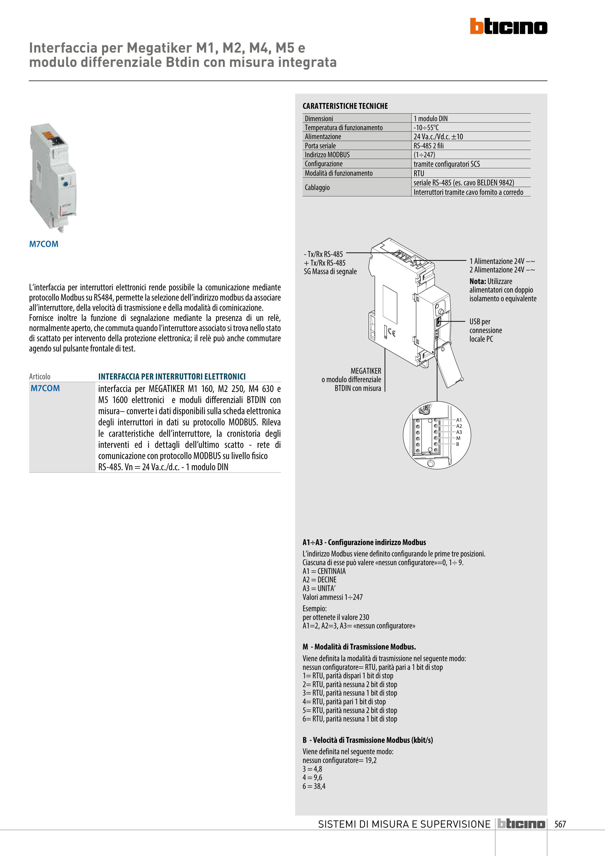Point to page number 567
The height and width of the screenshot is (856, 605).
pyautogui.click(x=560, y=824)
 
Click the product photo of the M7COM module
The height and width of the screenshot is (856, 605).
pyautogui.click(x=53, y=178)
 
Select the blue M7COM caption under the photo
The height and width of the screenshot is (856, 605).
pyautogui.click(x=44, y=244)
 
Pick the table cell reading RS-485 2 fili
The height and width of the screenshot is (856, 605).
pyautogui.click(x=428, y=146)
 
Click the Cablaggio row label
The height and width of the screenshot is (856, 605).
pyautogui.click(x=317, y=188)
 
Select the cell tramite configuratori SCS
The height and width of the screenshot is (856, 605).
pyautogui.click(x=446, y=164)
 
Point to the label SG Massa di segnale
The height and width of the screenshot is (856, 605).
pyautogui.click(x=330, y=272)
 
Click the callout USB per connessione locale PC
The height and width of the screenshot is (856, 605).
pyautogui.click(x=485, y=330)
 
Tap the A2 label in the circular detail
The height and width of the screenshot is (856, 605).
pyautogui.click(x=459, y=426)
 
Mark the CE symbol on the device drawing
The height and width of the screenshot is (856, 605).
pyautogui.click(x=391, y=333)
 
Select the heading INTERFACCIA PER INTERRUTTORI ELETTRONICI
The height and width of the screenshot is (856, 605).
pyautogui.click(x=172, y=377)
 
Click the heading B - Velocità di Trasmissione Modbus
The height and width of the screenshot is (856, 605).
pyautogui.click(x=368, y=740)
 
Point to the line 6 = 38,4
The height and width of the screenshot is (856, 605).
pyautogui.click(x=314, y=786)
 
